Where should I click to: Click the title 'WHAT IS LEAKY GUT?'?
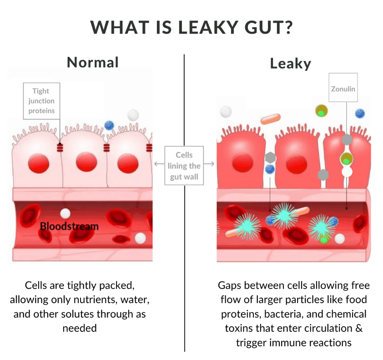click(191, 27)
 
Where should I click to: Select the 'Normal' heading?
click(93, 62)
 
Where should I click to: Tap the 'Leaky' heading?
click(290, 64)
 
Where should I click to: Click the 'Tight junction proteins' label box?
click(41, 101)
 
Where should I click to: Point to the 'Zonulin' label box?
click(343, 87)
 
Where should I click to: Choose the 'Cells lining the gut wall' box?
click(184, 166)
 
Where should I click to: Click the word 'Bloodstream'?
click(69, 226)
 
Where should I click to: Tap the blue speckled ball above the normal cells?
click(109, 125)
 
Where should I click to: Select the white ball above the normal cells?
click(133, 115)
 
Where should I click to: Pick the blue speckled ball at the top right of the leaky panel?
click(360, 114)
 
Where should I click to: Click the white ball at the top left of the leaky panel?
click(225, 112)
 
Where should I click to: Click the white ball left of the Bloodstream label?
click(66, 213)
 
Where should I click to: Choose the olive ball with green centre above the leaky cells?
click(322, 110)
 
